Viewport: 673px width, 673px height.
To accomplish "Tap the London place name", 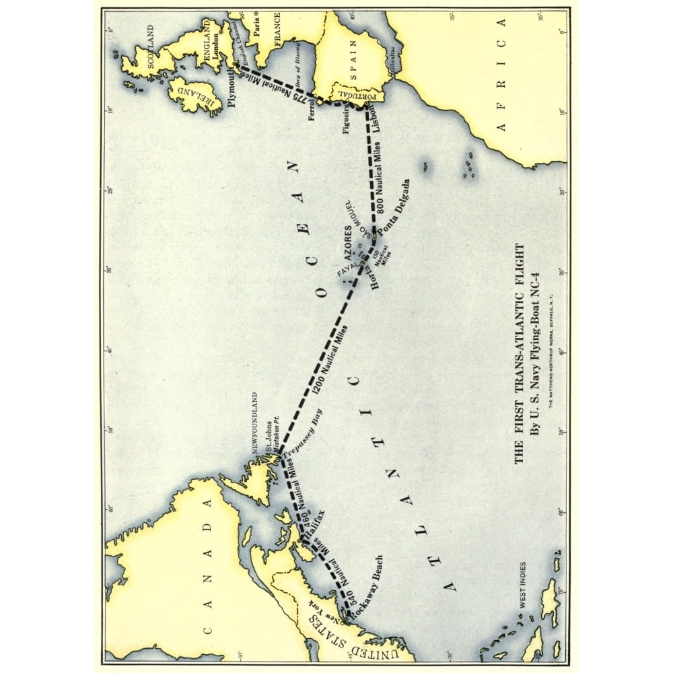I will point(215,47).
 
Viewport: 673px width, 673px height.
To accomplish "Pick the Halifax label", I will point(313,526).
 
